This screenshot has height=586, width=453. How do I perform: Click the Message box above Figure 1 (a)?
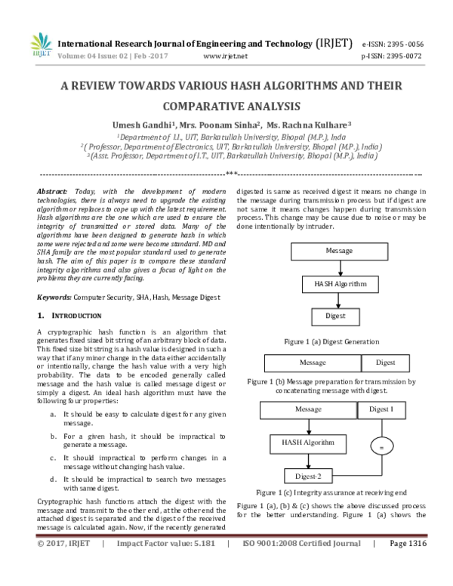pos(339,251)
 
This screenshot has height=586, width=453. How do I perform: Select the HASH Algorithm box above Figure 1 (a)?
pos(339,284)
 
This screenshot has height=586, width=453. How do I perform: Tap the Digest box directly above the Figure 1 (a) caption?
pos(335,317)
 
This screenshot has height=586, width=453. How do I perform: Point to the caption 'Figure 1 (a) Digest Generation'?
pos(331,342)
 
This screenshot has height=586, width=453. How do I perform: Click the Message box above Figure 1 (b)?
pos(312,362)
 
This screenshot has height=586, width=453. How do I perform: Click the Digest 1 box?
pos(381,409)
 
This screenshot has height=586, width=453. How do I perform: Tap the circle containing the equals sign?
pos(381,448)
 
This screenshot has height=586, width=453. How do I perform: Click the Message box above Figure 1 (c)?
pos(308,409)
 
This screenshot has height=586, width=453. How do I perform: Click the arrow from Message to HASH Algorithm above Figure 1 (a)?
pos(339,267)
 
